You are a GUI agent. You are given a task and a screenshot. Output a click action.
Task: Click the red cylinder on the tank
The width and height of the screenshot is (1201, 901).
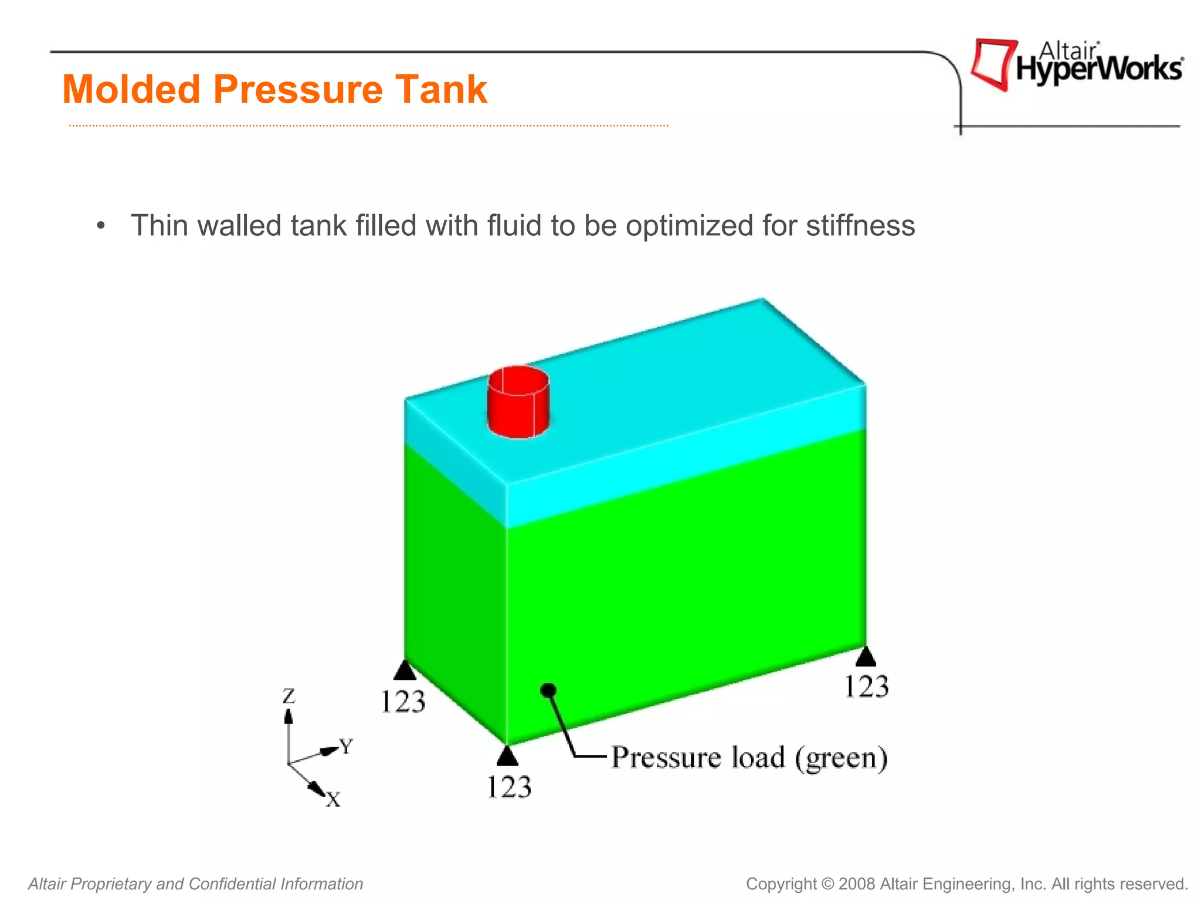[518, 402]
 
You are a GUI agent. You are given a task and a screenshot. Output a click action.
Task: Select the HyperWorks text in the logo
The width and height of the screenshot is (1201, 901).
[1099, 69]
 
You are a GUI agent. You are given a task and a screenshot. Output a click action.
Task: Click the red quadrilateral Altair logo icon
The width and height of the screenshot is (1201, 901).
[993, 63]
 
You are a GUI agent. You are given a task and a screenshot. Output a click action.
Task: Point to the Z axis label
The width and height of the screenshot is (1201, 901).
[289, 696]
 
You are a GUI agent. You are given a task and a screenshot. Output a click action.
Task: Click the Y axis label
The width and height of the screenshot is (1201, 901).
[347, 747]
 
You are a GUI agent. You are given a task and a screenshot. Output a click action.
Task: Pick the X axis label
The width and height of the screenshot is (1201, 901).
[333, 799]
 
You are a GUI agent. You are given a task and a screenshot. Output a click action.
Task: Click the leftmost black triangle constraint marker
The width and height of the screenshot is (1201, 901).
[405, 670]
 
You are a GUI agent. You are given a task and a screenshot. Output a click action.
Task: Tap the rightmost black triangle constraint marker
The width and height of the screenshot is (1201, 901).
[866, 657]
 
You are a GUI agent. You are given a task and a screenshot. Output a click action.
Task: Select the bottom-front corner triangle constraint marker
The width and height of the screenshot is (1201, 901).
[507, 756]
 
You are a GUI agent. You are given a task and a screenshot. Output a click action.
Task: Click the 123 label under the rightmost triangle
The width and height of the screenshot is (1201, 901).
[866, 687]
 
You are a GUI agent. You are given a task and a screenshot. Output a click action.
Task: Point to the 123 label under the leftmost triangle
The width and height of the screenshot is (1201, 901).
[403, 702]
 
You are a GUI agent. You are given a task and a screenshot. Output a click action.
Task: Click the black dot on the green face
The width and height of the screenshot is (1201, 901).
[548, 690]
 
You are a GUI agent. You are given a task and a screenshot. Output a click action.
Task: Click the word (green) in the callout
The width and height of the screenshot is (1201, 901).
[841, 758]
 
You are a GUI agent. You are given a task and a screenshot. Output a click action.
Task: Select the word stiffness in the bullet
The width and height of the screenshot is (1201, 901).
[860, 226]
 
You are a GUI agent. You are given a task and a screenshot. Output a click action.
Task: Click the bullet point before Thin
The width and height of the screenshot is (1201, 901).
[101, 226]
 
